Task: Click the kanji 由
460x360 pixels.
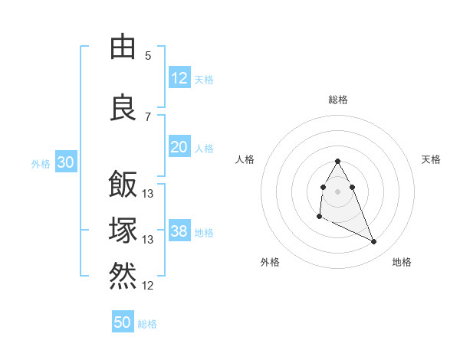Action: pos(123,47)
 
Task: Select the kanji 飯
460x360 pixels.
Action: pos(123,185)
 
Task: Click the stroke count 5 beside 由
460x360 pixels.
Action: pos(147,56)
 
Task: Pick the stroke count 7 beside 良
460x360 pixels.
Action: pos(147,116)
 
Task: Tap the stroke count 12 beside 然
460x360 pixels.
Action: pos(148,286)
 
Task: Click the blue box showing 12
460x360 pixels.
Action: pos(179,78)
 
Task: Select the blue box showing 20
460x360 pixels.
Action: pos(179,147)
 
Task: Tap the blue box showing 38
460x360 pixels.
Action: pos(179,231)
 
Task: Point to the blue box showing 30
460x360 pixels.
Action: pos(65,162)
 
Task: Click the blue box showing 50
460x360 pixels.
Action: pos(123,322)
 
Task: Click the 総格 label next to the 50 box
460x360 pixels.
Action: pos(147,324)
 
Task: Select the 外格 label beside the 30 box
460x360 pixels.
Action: pos(41,163)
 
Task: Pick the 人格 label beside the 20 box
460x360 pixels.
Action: pos(204,148)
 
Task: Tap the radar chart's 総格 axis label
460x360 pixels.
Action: pos(338,100)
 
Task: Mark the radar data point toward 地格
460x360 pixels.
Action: pos(374,242)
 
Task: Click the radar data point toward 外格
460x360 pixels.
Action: pos(319,217)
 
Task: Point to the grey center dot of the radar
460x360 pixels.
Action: pos(338,191)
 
